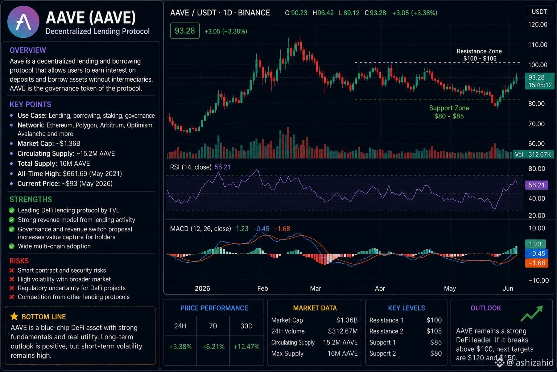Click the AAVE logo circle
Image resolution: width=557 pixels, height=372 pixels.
click(x=23, y=22)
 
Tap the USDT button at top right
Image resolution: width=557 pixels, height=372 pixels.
click(x=539, y=12)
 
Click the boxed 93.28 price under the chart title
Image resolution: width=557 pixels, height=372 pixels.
click(x=185, y=31)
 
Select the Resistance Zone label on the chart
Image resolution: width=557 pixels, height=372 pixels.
click(x=479, y=55)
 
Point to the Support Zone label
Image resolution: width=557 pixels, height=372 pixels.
click(x=449, y=112)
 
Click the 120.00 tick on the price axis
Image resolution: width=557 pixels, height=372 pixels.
click(x=538, y=24)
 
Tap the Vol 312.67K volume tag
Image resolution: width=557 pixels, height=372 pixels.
click(x=533, y=154)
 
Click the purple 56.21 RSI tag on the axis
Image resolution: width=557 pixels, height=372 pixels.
click(x=536, y=185)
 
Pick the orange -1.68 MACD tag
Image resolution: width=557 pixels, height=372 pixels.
click(x=536, y=263)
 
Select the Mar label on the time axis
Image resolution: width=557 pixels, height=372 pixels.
click(x=315, y=288)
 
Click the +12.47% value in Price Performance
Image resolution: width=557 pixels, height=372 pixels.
click(x=247, y=347)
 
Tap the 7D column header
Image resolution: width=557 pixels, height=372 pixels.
click(x=213, y=326)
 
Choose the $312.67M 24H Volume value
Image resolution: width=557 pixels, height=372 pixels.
click(x=343, y=331)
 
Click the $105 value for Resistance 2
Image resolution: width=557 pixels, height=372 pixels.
click(x=434, y=331)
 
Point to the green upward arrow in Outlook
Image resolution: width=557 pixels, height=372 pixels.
click(x=532, y=314)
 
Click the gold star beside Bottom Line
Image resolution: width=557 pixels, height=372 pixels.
click(x=14, y=316)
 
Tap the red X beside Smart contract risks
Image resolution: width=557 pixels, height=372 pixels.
click(x=12, y=270)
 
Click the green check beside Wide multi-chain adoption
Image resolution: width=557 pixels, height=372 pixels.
click(x=12, y=246)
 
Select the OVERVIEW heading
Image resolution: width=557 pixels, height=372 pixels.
click(x=28, y=50)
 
